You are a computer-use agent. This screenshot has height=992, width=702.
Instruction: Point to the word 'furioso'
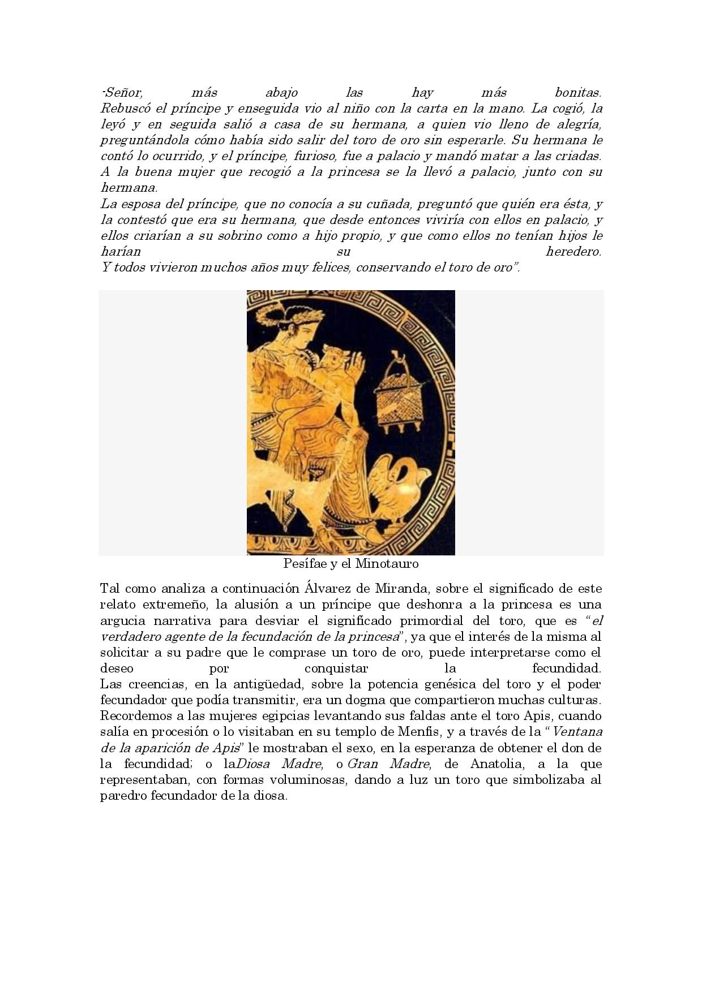pyautogui.click(x=315, y=156)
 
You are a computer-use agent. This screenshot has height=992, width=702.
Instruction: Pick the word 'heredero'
pyautogui.click(x=573, y=251)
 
